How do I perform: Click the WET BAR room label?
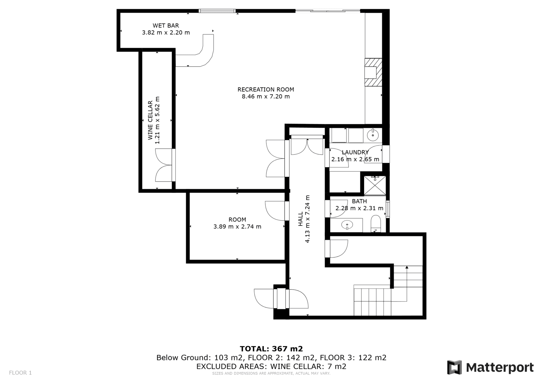[166, 25]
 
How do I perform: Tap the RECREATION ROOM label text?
[266, 90]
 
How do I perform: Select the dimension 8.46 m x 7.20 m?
[266, 96]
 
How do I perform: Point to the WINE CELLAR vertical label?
[150, 120]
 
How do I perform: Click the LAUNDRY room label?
[355, 152]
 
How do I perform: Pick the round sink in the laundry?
[373, 135]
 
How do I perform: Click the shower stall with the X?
[375, 186]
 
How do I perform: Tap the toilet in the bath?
[376, 223]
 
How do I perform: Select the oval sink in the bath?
[347, 225]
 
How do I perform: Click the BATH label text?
[359, 201]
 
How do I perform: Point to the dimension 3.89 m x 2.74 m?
[237, 226]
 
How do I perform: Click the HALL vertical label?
[301, 219]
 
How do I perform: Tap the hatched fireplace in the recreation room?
[373, 72]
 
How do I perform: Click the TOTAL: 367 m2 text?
[271, 349]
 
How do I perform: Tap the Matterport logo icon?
[454, 367]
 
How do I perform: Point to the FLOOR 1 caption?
[20, 373]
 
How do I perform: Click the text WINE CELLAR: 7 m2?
[308, 366]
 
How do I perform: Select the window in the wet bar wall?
[217, 11]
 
